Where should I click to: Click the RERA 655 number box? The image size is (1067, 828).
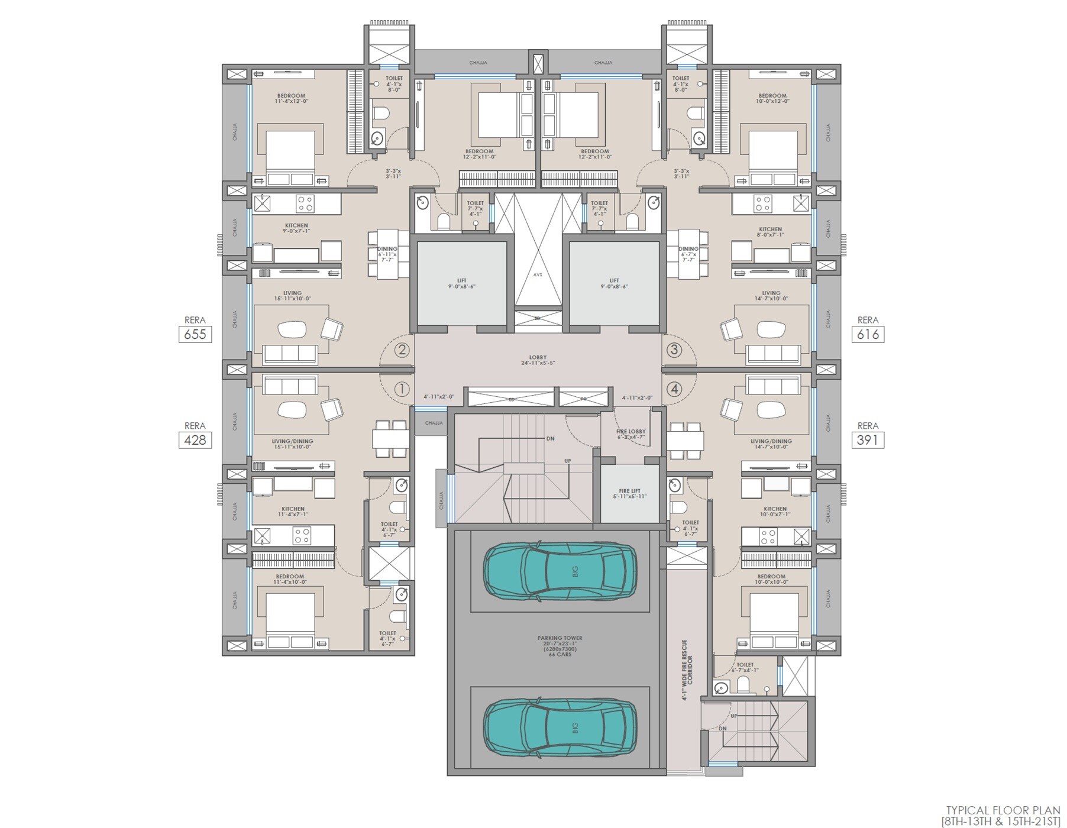point(195,334)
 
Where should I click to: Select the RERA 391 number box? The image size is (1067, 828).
point(868,440)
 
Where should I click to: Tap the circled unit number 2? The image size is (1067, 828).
point(402,350)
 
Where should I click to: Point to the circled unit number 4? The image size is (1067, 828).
point(674,389)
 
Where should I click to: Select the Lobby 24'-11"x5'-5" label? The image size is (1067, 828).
point(538,360)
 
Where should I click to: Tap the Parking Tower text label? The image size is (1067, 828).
point(560,646)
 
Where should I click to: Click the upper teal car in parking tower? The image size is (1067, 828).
point(560,571)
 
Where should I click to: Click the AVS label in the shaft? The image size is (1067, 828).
point(537,274)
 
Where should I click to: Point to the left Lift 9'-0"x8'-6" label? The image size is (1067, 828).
point(461,283)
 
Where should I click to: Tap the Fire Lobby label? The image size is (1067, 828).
point(631,434)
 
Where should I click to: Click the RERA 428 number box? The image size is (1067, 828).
point(195,440)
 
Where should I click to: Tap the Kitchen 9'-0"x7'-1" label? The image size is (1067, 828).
point(296,228)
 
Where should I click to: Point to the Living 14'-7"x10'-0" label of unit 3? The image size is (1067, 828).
point(771,296)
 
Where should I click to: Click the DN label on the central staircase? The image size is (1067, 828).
point(550,439)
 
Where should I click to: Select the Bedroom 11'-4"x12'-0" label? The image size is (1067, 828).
point(291,98)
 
